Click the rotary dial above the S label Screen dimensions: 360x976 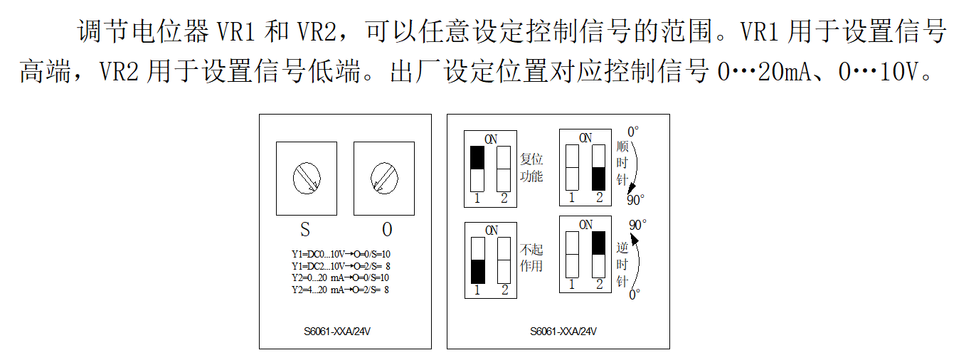coord(306,177)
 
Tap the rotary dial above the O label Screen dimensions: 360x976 coord(384,177)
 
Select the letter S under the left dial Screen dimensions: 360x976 coord(305,230)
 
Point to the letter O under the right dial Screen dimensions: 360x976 coord(387,230)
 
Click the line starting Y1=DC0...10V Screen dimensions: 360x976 coord(340,253)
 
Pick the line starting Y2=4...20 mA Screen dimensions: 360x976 coord(340,290)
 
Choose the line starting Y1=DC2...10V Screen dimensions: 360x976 coord(340,265)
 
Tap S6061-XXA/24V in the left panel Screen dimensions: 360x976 coord(336,332)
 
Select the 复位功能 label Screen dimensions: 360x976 coord(531,168)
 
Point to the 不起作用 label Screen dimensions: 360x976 coord(531,258)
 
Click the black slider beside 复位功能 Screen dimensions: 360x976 coord(477,158)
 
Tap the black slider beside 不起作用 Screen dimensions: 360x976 coord(477,271)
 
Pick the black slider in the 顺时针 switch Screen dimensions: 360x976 coord(599,179)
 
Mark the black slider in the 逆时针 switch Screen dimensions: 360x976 coord(599,243)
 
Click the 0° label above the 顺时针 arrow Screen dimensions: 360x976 coord(633,132)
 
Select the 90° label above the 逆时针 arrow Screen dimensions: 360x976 coord(637,225)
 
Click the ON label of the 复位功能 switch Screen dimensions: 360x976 coord(491,139)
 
